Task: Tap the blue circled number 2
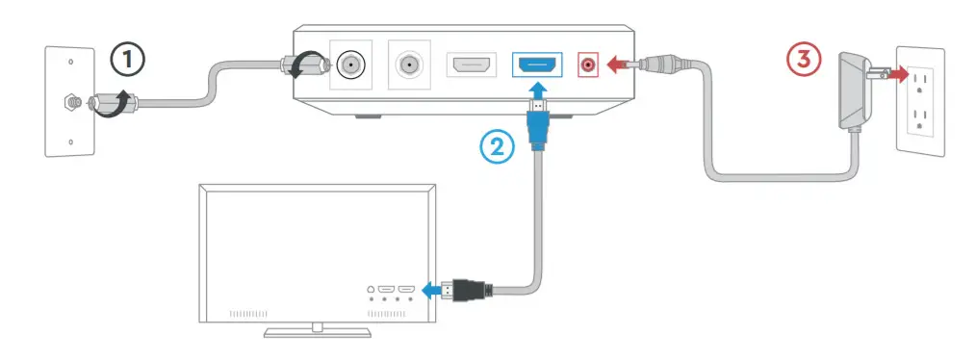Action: click(497, 146)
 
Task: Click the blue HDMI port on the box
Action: click(538, 65)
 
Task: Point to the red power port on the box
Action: click(587, 65)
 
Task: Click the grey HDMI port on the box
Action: click(471, 65)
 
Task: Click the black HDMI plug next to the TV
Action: click(468, 289)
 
